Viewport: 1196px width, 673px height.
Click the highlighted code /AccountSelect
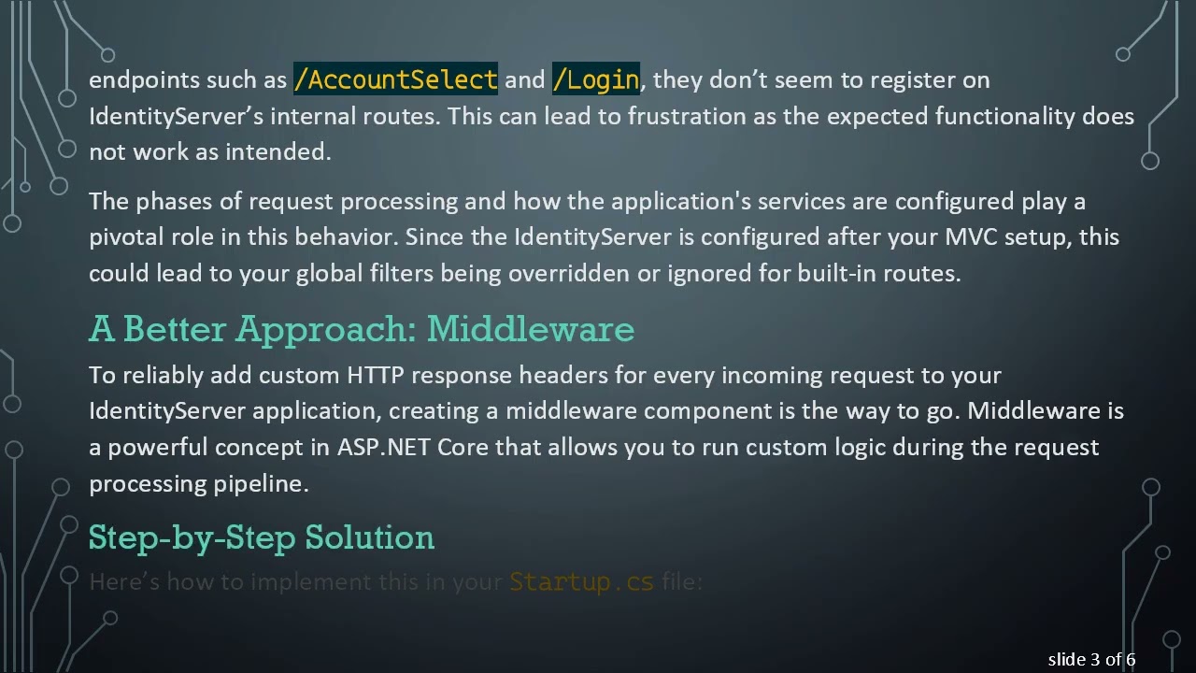(395, 79)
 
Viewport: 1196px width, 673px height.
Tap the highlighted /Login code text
(596, 79)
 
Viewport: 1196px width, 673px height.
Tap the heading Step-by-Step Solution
(262, 537)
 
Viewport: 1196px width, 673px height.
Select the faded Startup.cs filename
(581, 582)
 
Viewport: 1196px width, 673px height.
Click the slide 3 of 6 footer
(1091, 660)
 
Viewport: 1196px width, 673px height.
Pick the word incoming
(772, 375)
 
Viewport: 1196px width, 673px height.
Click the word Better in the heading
(175, 329)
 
